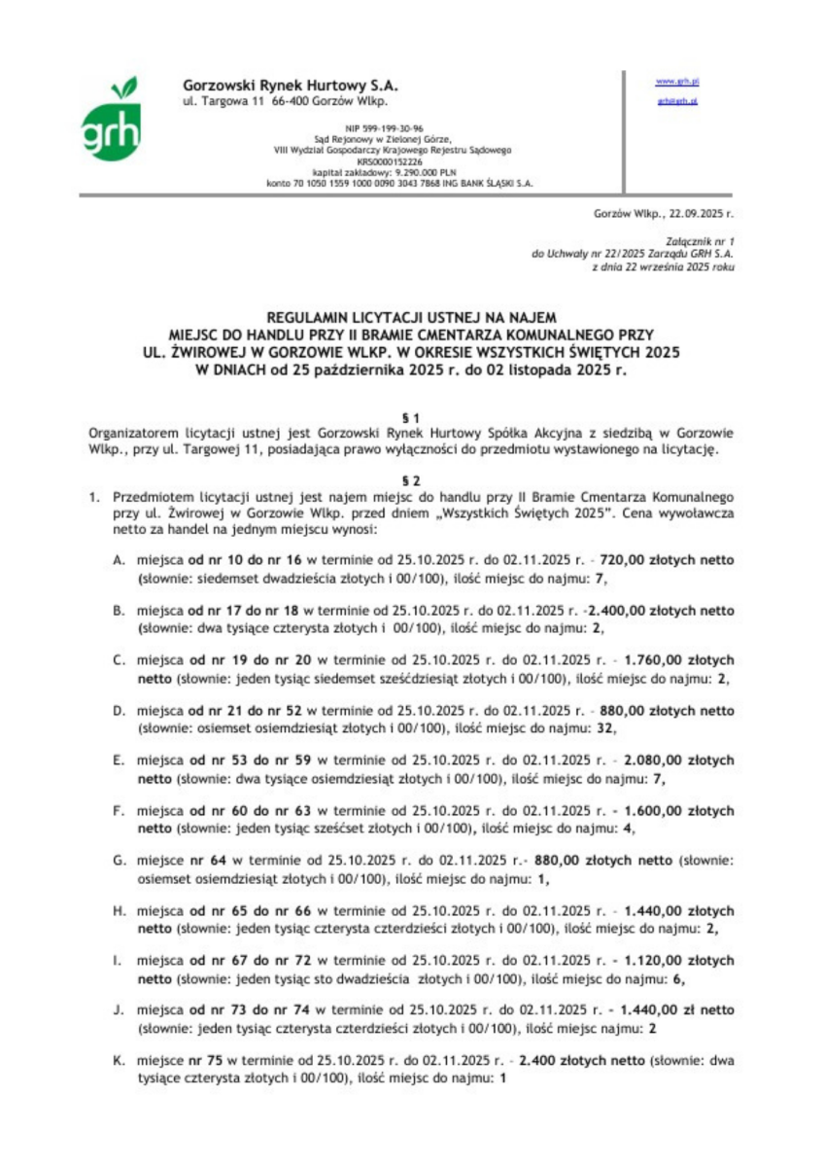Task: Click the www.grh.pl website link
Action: pos(678,83)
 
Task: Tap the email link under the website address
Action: pos(677,101)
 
